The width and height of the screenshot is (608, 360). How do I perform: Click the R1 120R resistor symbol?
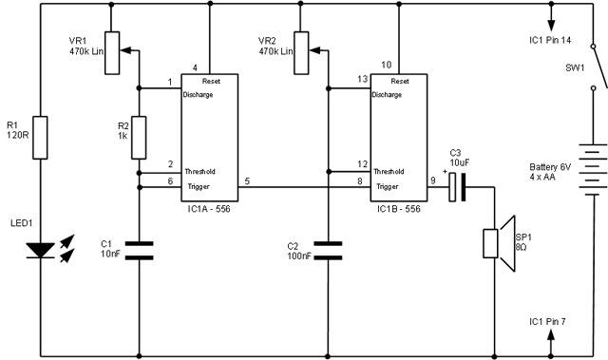pyautogui.click(x=39, y=138)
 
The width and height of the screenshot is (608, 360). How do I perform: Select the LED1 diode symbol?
pyautogui.click(x=39, y=250)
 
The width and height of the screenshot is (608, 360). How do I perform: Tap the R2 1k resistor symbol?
pyautogui.click(x=139, y=138)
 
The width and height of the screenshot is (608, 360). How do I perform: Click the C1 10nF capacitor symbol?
pyautogui.click(x=139, y=250)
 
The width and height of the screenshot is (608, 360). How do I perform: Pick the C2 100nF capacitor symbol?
pyautogui.click(x=328, y=250)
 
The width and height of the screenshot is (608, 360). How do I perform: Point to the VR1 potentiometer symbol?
pyautogui.click(x=112, y=53)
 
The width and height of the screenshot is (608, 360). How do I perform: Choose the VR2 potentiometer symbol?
pyautogui.click(x=301, y=53)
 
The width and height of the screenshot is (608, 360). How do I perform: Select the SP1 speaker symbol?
pyautogui.click(x=491, y=244)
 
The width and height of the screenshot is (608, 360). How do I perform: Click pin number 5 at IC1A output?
pyautogui.click(x=247, y=180)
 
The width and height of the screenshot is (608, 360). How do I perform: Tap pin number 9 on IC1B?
pyautogui.click(x=434, y=180)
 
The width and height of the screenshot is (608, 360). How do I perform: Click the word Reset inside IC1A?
pyautogui.click(x=212, y=82)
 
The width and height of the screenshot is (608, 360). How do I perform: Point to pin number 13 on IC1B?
pyautogui.click(x=361, y=80)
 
